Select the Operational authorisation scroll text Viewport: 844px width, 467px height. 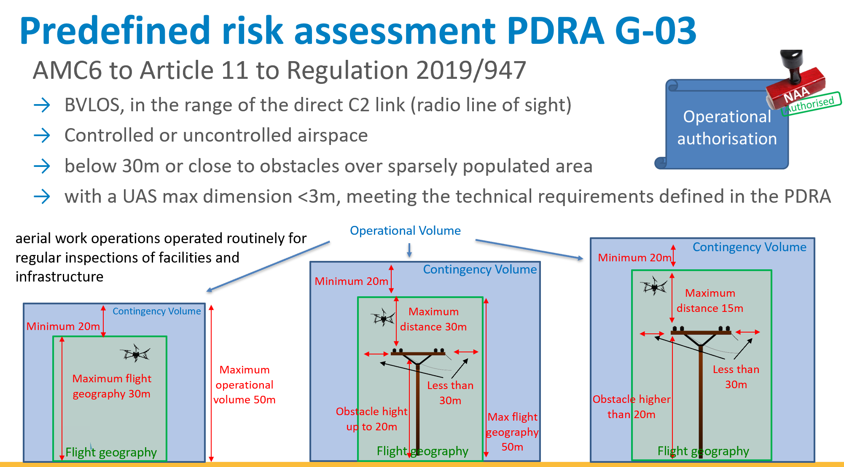(727, 128)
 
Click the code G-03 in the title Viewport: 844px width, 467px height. (656, 30)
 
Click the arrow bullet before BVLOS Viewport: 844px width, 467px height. (42, 105)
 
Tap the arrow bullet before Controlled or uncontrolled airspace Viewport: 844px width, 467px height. (42, 135)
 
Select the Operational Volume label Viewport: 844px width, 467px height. (405, 231)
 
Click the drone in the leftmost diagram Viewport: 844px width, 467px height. (136, 353)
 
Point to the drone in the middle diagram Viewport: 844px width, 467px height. (383, 317)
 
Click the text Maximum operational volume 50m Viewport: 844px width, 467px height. (245, 385)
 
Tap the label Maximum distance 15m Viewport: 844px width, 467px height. (710, 301)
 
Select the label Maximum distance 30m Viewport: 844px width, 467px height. (433, 319)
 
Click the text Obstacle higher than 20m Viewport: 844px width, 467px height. (632, 407)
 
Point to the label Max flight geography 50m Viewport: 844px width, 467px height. (512, 432)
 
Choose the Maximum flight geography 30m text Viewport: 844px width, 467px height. (112, 386)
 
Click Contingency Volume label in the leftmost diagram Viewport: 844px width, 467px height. (157, 311)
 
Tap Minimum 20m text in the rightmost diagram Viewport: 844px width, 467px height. (634, 258)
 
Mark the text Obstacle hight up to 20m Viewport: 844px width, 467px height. (372, 419)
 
